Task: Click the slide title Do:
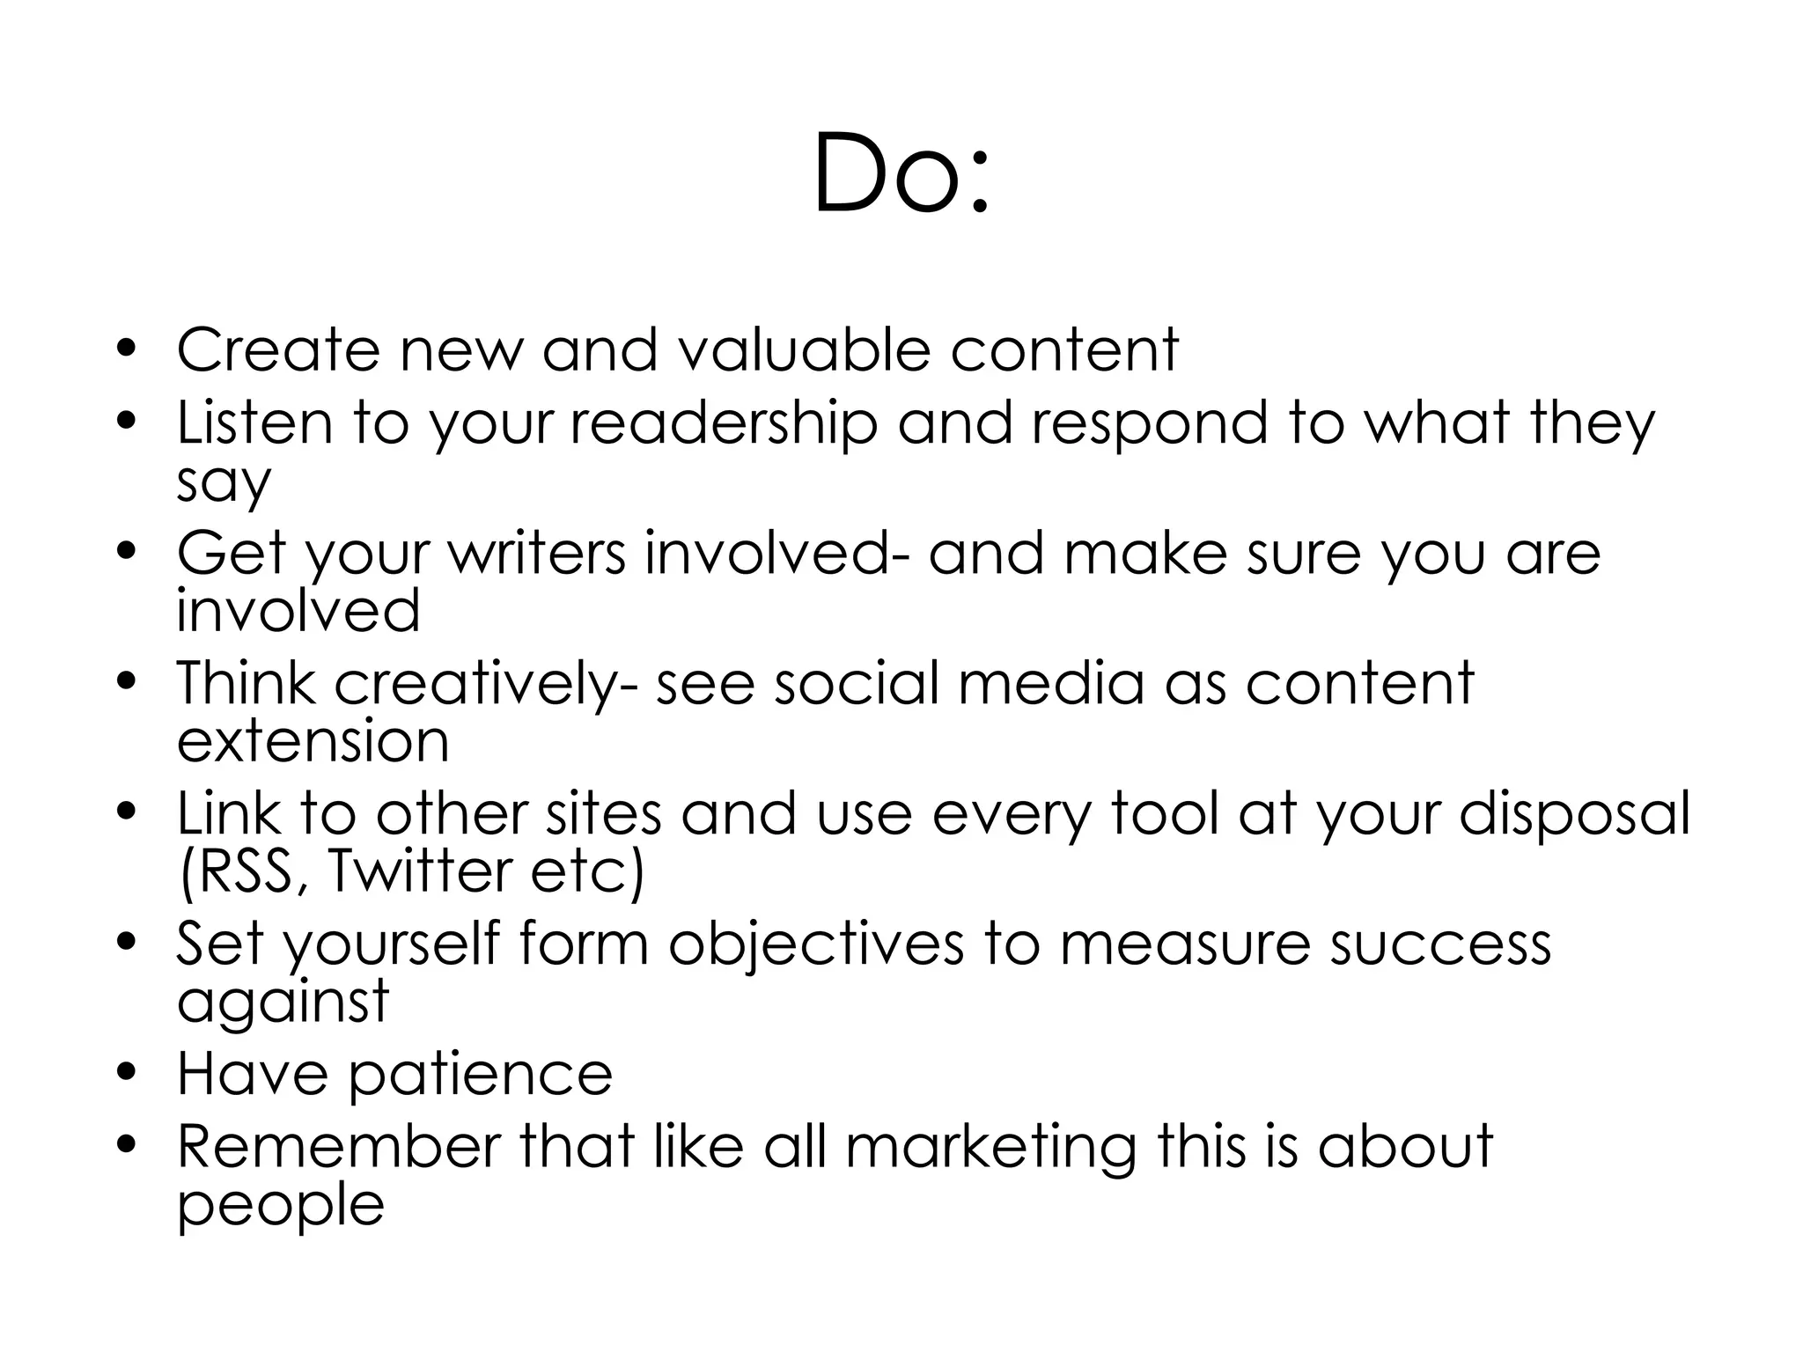901,173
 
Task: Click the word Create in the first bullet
278,350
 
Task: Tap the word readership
724,424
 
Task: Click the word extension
313,741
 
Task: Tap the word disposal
1574,814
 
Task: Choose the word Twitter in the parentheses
419,871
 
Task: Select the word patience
481,1076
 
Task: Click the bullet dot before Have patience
129,1072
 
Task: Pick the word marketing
990,1149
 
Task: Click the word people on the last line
280,1206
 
